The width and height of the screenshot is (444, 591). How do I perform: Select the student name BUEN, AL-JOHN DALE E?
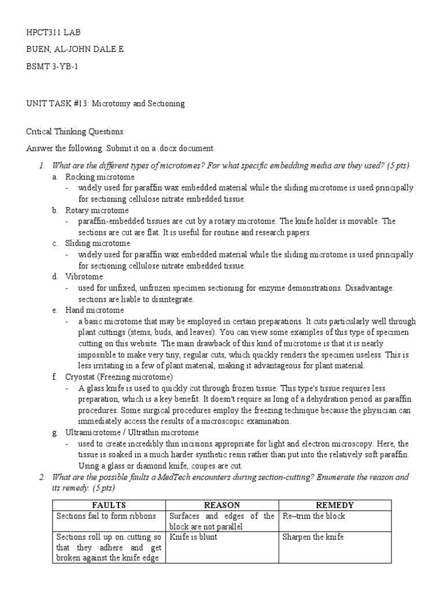(x=76, y=50)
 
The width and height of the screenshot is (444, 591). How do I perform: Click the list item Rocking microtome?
(x=99, y=177)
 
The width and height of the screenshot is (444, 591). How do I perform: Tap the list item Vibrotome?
(x=84, y=276)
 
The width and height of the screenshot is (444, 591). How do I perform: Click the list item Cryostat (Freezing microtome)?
(x=119, y=377)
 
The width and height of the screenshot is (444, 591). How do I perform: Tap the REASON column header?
(x=222, y=505)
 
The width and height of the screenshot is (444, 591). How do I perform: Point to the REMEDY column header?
(x=335, y=505)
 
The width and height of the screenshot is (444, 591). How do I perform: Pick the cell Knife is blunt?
(x=193, y=537)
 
